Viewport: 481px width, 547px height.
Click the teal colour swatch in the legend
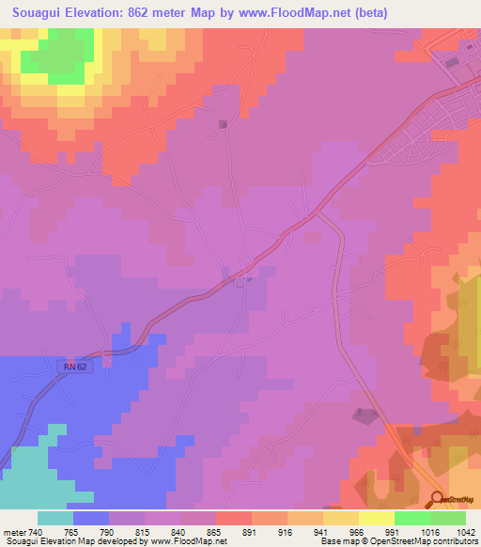pyautogui.click(x=55, y=518)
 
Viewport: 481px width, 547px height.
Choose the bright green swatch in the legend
pyautogui.click(x=412, y=518)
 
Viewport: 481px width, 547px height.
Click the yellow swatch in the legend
pyautogui.click(x=341, y=518)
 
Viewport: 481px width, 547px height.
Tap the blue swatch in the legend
pyautogui.click(x=91, y=518)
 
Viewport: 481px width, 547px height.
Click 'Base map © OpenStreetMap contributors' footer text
pyautogui.click(x=398, y=541)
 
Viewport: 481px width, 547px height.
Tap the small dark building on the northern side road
pyautogui.click(x=223, y=124)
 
